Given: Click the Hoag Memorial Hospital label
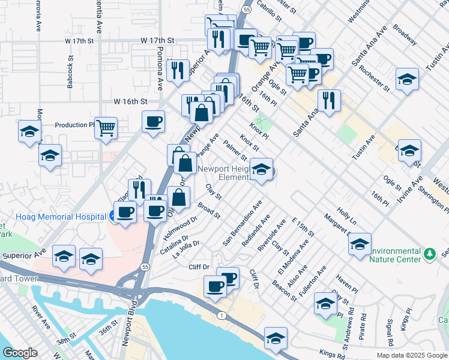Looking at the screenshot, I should (53, 217).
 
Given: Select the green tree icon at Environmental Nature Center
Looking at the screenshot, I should (429, 254).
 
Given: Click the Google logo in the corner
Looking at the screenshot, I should (20, 352).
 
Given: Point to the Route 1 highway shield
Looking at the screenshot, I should (223, 315).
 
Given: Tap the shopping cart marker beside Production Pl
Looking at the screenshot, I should (106, 128).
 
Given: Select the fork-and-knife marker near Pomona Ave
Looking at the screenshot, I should (178, 70).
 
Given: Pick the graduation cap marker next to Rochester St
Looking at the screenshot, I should (407, 79).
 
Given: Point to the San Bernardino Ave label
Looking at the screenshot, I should (243, 223).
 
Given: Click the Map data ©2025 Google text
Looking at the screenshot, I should (411, 355).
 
